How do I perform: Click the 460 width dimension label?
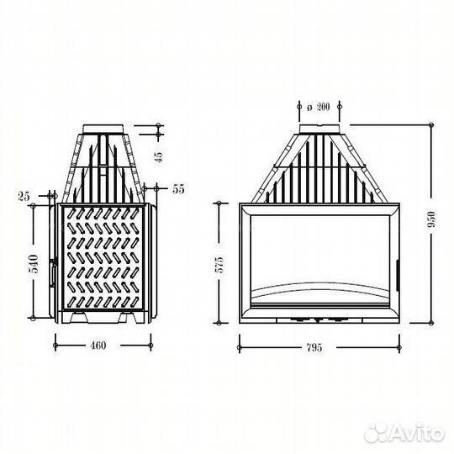click(98, 346)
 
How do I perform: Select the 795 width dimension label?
click(314, 347)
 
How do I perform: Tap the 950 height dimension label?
click(431, 219)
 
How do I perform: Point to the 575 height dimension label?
click(219, 265)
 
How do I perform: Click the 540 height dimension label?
click(34, 264)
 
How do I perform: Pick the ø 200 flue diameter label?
click(318, 107)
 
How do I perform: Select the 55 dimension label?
click(178, 189)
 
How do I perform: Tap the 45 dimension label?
click(160, 156)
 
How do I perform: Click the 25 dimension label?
click(24, 197)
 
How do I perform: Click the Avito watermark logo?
click(404, 434)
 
